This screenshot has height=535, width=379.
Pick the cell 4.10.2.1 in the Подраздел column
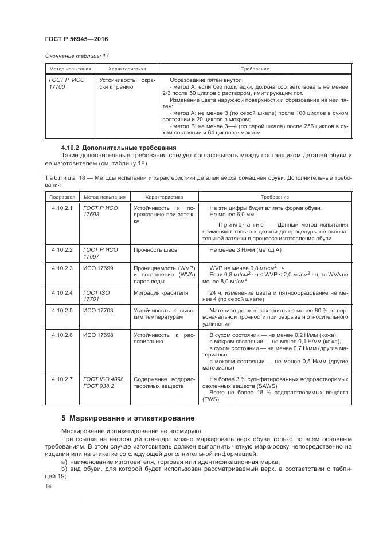point(62,208)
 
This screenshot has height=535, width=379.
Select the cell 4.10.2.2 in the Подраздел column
point(62,250)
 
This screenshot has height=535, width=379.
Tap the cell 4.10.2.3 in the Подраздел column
point(62,268)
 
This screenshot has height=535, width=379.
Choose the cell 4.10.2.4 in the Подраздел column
point(62,292)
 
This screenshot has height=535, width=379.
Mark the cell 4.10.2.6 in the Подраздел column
point(62,334)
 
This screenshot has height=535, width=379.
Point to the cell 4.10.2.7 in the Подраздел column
point(62,379)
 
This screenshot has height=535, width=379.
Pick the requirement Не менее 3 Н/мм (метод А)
point(245,250)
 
